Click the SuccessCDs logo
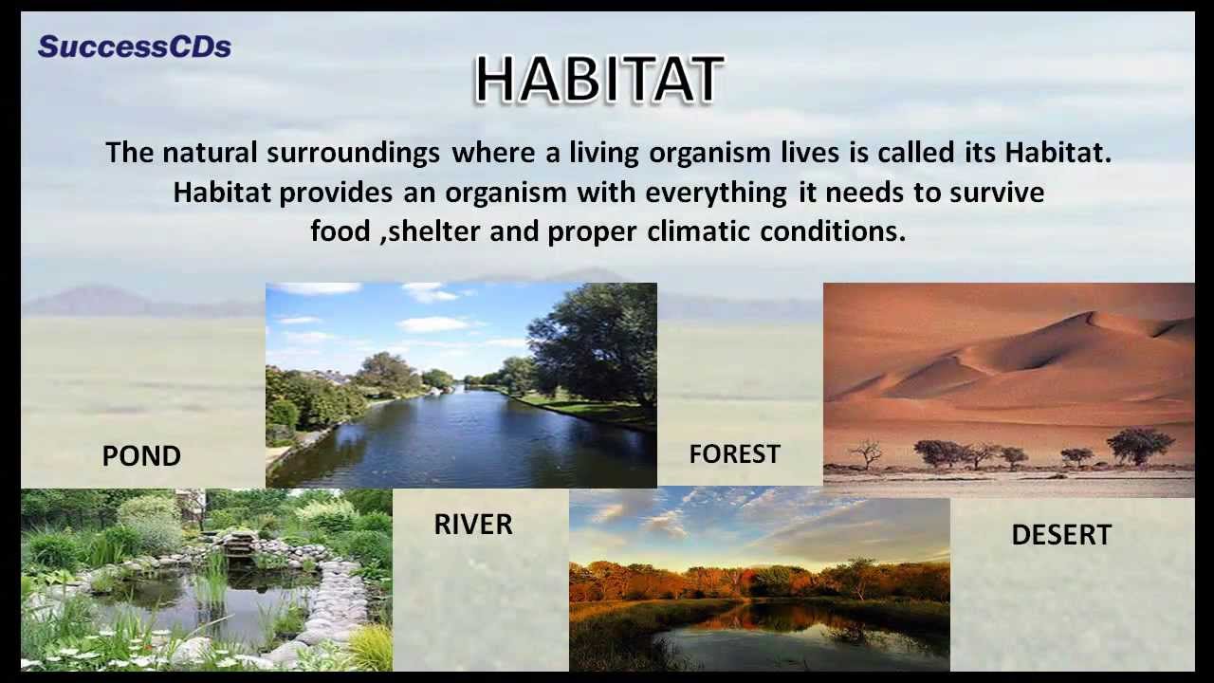(135, 46)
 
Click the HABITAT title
(599, 79)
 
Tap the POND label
(141, 455)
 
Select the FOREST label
(734, 453)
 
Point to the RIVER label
(473, 525)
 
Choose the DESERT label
(1061, 534)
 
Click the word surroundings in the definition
(353, 153)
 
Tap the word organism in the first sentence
(709, 153)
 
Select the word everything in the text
(716, 193)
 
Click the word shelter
(434, 231)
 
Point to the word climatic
(699, 231)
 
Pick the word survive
(997, 193)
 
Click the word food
(340, 231)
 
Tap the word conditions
(833, 231)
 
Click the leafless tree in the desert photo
(866, 453)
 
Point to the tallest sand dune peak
(1090, 313)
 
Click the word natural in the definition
(210, 153)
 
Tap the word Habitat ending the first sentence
(1058, 153)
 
